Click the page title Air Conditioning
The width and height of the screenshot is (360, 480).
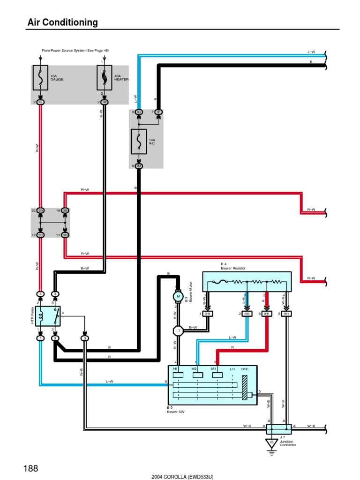(62, 22)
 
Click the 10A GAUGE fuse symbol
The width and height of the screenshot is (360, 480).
(40, 78)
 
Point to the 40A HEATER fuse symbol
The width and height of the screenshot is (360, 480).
(104, 78)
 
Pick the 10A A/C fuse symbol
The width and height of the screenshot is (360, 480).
(139, 141)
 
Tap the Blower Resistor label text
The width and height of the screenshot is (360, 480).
(233, 268)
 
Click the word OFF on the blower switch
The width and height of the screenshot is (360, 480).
(244, 369)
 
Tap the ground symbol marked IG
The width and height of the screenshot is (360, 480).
(271, 442)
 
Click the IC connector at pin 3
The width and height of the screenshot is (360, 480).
(139, 112)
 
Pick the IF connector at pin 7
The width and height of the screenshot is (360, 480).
(158, 112)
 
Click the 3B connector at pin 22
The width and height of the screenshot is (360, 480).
(40, 211)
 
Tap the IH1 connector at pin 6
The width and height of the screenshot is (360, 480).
(267, 314)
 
